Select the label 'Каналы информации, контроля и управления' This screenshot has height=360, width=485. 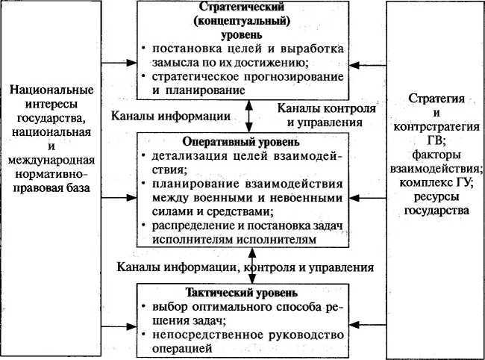tap(245, 266)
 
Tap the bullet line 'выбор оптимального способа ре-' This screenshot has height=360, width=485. tap(246, 307)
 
